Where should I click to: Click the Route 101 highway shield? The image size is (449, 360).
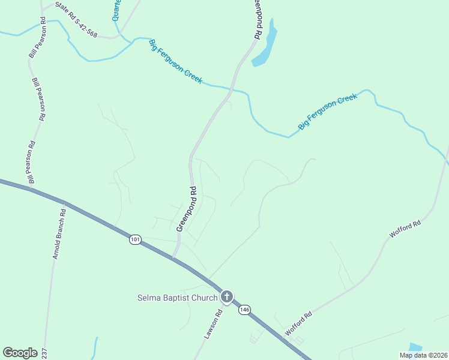pos(135,239)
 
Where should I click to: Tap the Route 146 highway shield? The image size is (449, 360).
pos(244,310)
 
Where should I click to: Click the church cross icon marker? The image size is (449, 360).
pos(227,296)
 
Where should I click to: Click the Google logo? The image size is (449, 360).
pos(20,353)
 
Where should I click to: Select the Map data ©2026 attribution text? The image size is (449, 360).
pos(423,355)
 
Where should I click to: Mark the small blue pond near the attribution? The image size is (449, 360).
pos(415,347)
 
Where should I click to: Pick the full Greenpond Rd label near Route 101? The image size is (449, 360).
pos(187,209)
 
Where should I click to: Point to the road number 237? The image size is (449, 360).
pos(43,353)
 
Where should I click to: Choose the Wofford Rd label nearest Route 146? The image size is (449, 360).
pos(299,323)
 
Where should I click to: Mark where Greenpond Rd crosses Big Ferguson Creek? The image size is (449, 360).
pos(231,90)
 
